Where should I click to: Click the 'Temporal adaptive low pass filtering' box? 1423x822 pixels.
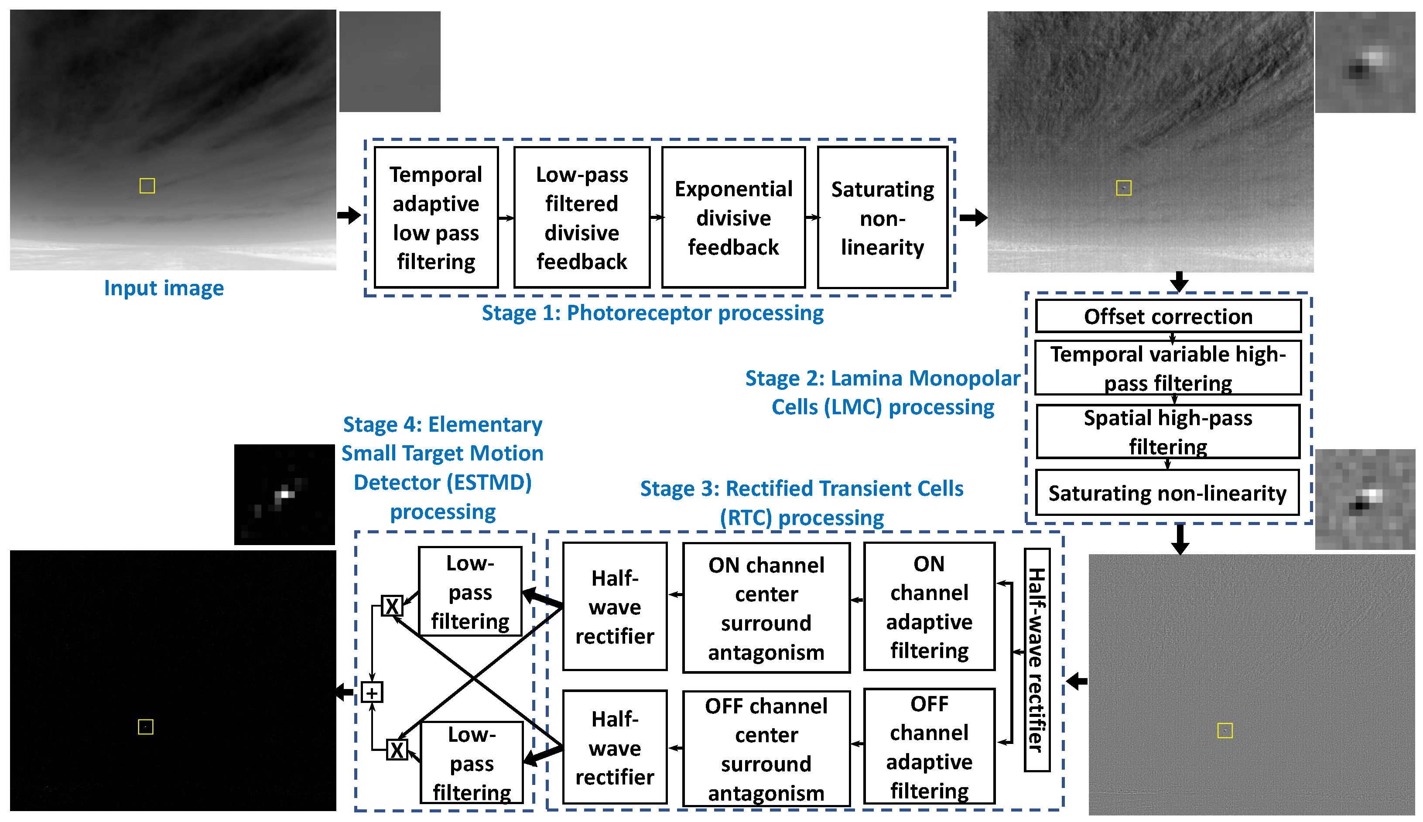436,217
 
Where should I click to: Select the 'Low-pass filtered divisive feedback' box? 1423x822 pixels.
582,217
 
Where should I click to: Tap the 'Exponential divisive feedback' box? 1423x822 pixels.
733,217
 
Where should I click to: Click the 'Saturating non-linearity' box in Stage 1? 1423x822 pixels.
882,217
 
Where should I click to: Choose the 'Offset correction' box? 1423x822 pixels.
1168,316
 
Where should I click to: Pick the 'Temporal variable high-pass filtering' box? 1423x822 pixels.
1168,368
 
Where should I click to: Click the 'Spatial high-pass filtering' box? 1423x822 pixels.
1168,431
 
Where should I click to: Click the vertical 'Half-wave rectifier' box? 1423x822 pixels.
1037,659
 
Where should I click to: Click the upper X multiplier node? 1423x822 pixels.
392,606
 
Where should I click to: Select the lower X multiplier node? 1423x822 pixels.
397,750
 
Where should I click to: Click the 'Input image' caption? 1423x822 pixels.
164,288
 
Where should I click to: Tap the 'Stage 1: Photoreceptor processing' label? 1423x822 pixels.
652,313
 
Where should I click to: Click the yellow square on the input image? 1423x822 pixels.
147,186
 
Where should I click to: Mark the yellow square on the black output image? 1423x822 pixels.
146,726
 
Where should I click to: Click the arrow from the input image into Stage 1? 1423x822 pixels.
349,215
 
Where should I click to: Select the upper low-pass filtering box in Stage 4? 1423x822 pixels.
470,592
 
